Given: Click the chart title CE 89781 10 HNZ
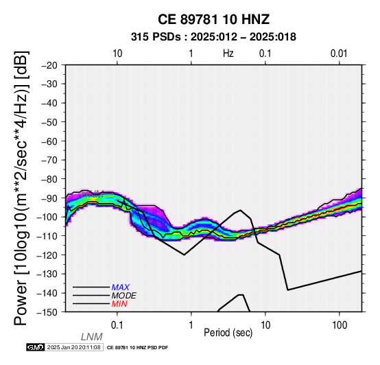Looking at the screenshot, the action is pos(213,19).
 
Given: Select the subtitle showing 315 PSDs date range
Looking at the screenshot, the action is pos(213,37).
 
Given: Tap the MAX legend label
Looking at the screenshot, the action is pos(121,287).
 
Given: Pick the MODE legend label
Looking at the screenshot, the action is pos(124,296).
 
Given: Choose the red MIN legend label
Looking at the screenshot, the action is pos(119,304).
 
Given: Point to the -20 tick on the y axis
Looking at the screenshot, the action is pos(49,65).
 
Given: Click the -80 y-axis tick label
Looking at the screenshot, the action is pos(49,179).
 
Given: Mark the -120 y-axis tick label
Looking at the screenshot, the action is pos(47,255).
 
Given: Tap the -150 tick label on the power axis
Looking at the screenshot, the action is pos(47,312).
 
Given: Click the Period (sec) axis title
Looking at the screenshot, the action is pos(228,333).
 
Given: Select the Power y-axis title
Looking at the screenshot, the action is pos(21,188).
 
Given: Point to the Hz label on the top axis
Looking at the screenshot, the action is pos(228,53).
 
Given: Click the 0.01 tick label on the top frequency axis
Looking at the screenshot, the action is pos(339,54).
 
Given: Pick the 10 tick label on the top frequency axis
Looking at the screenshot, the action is pos(117,54).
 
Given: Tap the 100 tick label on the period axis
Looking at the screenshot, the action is pos(340,325).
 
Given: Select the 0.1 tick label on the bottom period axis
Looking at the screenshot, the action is pos(117,325).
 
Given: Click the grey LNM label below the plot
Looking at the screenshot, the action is pos(92,337).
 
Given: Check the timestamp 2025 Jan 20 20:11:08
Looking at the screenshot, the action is pos(73,347).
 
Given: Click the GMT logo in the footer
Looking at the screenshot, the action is pos(36,347).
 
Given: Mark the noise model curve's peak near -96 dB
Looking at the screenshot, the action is pos(240,210).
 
